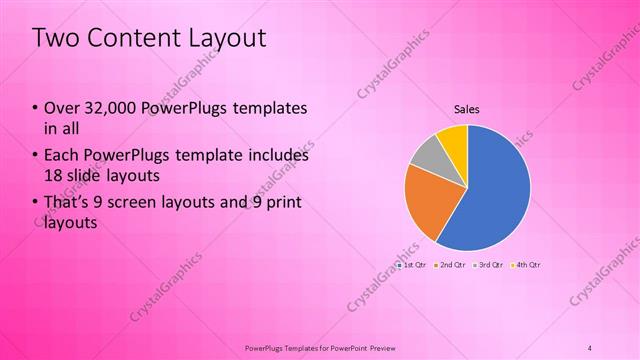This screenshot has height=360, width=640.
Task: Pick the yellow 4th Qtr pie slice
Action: (x=453, y=139)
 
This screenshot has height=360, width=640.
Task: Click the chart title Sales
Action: (x=467, y=108)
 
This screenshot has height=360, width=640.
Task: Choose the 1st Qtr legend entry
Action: (x=413, y=265)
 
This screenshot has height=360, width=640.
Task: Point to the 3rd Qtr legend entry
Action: (x=490, y=265)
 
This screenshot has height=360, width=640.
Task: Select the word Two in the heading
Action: (x=53, y=38)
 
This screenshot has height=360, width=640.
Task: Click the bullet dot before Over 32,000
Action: (x=36, y=108)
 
